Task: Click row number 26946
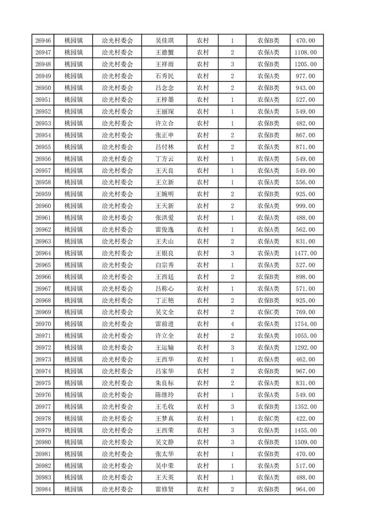[43, 41]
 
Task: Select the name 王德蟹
[165, 53]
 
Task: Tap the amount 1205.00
[305, 64]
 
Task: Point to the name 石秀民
[165, 76]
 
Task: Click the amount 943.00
[305, 88]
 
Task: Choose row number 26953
[43, 124]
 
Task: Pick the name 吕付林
[165, 147]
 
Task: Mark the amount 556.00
[305, 183]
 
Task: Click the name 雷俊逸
[165, 230]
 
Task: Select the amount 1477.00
[305, 253]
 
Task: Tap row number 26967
[43, 289]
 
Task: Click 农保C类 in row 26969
[268, 312]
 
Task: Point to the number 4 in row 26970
[232, 324]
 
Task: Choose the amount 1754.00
[305, 324]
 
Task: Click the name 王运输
[165, 348]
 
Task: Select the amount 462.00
[305, 360]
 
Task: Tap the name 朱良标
[165, 383]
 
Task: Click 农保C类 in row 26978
[268, 419]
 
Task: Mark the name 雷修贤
[165, 489]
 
